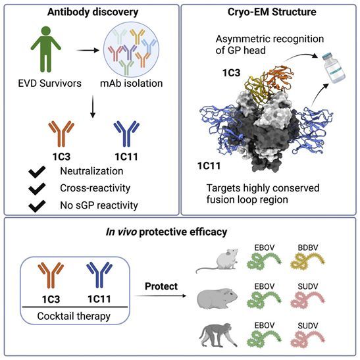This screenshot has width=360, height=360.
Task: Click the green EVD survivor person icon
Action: pyautogui.click(x=46, y=49)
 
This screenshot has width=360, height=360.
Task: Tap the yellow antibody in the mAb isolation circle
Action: pyautogui.click(x=138, y=36)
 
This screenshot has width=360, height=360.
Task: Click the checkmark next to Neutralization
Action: pyautogui.click(x=37, y=172)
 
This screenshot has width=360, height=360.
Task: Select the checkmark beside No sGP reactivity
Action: pyautogui.click(x=37, y=206)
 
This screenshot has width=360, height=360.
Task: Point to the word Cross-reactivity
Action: pyautogui.click(x=95, y=188)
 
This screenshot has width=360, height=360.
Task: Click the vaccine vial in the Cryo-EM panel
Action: pyautogui.click(x=334, y=68)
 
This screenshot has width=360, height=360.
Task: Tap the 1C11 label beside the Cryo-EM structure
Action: pyautogui.click(x=209, y=166)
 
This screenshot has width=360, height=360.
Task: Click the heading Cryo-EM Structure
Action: pyautogui.click(x=272, y=12)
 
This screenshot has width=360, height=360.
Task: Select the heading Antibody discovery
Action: pyautogui.click(x=93, y=12)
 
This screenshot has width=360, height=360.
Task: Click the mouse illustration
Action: pyautogui.click(x=217, y=261)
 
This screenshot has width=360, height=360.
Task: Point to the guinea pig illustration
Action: pyautogui.click(x=217, y=299)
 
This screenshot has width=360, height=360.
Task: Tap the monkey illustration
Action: pyautogui.click(x=218, y=335)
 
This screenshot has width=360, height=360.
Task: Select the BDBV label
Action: pyautogui.click(x=308, y=247)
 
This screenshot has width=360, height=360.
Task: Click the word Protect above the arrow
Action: pyautogui.click(x=161, y=286)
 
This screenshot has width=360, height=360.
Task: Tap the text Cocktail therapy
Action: pyautogui.click(x=74, y=316)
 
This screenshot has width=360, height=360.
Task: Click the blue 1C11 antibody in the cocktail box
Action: pyautogui.click(x=99, y=275)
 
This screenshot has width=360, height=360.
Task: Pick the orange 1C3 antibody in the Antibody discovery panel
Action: pyautogui.click(x=61, y=134)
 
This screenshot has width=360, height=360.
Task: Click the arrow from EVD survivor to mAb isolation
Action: pyautogui.click(x=88, y=50)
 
